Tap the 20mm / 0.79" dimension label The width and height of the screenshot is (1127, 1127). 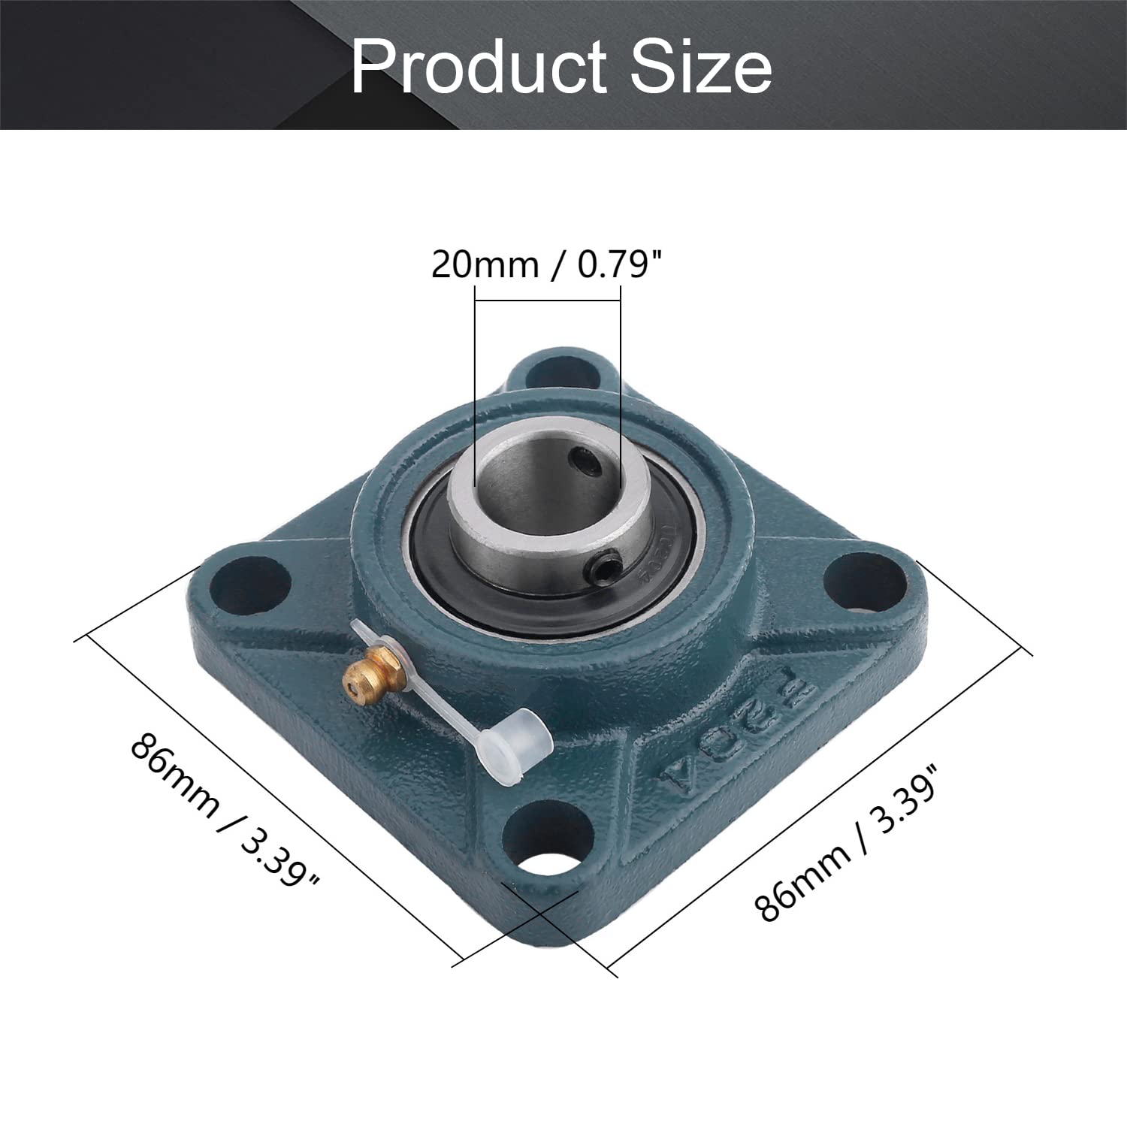(x=548, y=264)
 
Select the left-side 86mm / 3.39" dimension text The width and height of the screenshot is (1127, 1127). (x=225, y=811)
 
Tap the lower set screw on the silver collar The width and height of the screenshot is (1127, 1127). (x=609, y=561)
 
